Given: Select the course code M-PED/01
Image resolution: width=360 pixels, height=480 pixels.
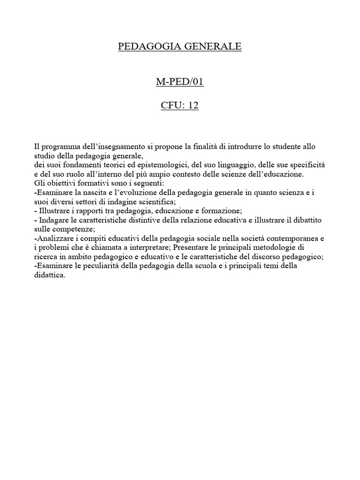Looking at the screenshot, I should coord(180,82).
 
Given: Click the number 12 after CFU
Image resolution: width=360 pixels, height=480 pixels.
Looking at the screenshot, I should coord(193,105).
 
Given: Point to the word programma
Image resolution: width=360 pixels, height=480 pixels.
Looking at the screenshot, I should coord(59,147).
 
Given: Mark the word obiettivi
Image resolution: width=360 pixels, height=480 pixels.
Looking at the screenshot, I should coord(61,183).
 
